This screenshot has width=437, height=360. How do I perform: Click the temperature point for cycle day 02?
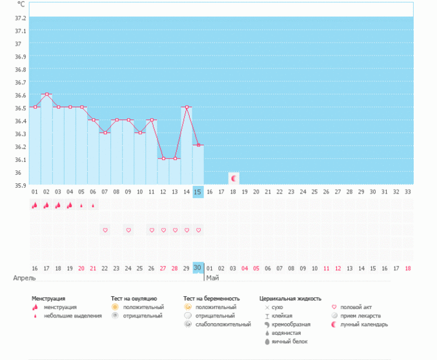pyautogui.click(x=46, y=94)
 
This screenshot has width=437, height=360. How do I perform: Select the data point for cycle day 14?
pyautogui.click(x=187, y=107)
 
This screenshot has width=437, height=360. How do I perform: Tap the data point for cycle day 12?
pyautogui.click(x=163, y=159)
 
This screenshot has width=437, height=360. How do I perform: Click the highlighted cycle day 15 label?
pyautogui.click(x=198, y=192)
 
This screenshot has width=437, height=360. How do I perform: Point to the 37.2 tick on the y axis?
pyautogui.click(x=21, y=18)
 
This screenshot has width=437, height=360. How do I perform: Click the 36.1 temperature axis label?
pyautogui.click(x=21, y=159)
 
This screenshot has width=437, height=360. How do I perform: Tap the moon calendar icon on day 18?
pyautogui.click(x=234, y=178)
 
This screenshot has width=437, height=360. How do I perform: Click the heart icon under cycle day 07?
pyautogui.click(x=105, y=230)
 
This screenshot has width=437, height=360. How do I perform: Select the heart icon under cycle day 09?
pyautogui.click(x=128, y=230)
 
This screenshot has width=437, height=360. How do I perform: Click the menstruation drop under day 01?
pyautogui.click(x=35, y=206)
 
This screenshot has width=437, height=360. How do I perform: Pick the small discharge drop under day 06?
pyautogui.click(x=93, y=206)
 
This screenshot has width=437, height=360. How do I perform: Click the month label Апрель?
pyautogui.click(x=24, y=277)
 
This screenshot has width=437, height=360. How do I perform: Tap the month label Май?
pyautogui.click(x=212, y=277)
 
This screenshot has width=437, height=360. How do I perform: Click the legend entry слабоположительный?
pyautogui.click(x=223, y=325)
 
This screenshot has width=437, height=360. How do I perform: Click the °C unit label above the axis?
pyautogui.click(x=21, y=4)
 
